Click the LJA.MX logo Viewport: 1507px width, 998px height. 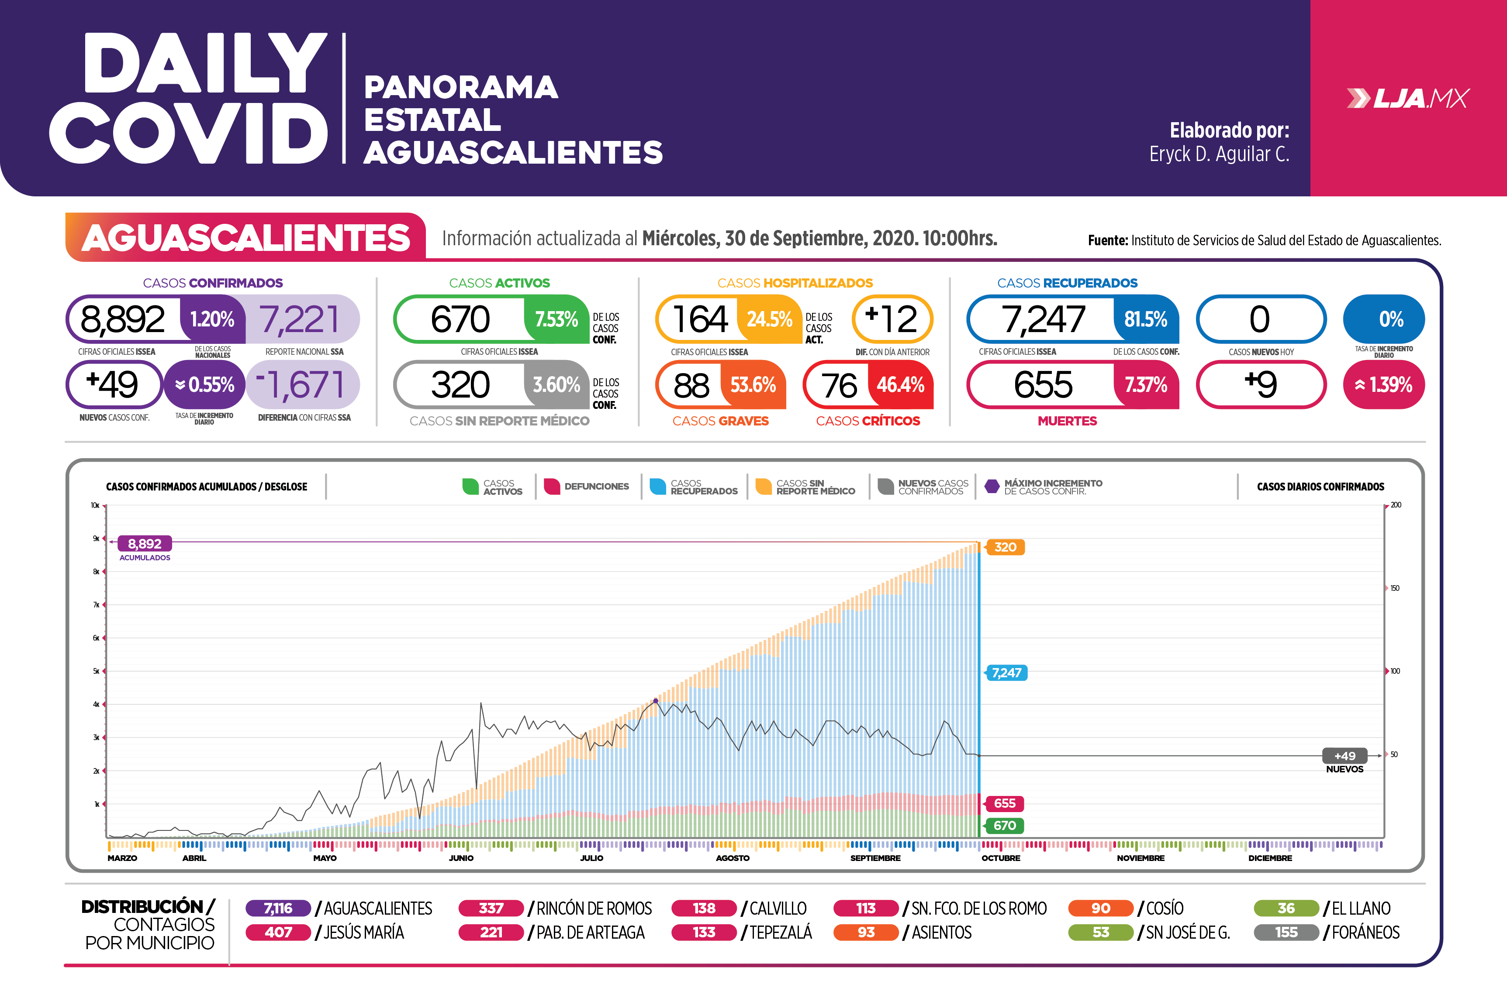1408,99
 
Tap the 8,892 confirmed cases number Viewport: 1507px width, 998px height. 123,319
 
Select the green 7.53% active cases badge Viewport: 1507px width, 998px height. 556,319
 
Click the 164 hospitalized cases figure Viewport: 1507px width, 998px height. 699,319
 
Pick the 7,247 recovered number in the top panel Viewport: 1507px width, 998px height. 1043,319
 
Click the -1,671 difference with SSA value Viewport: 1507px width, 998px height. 302,384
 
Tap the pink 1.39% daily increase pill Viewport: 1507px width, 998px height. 1383,384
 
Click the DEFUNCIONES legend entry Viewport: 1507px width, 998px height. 587,486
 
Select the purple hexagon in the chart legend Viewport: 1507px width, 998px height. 992,486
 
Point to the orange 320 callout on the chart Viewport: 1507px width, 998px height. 1005,547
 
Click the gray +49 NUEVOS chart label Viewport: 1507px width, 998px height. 1344,756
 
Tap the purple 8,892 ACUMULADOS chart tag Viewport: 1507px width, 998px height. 145,544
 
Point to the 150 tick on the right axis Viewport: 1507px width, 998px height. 1395,588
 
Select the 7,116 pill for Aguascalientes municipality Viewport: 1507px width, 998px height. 278,908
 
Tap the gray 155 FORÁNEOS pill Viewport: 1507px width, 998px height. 1286,933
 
